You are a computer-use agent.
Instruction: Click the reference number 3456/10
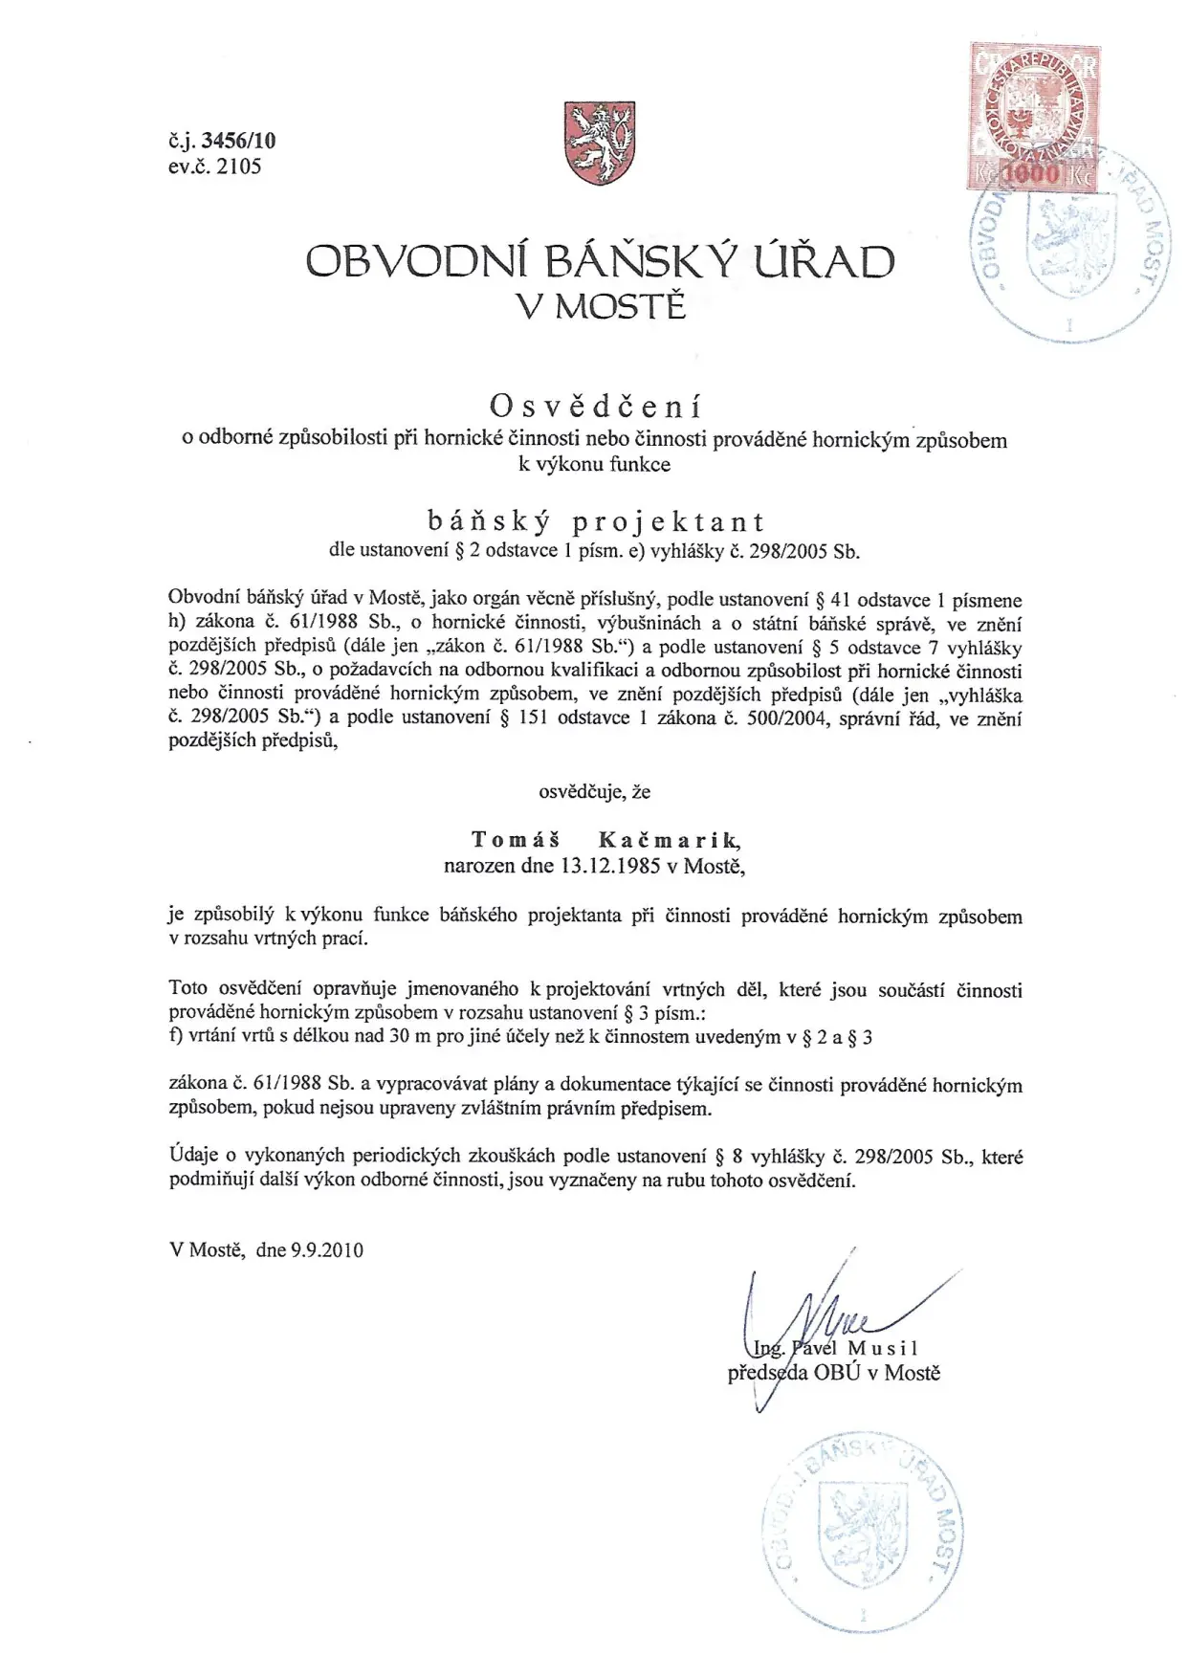tap(238, 141)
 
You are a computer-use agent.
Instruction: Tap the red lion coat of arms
tap(600, 144)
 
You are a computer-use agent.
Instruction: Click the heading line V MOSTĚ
tap(601, 307)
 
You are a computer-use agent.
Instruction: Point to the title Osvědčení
tap(595, 407)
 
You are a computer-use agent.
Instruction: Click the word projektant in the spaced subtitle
tap(669, 521)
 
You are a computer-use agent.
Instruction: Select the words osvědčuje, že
tap(594, 792)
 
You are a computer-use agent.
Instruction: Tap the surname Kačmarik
tap(669, 840)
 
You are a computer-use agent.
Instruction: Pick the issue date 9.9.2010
tap(327, 1249)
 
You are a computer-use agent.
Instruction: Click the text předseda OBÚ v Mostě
tap(834, 1374)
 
